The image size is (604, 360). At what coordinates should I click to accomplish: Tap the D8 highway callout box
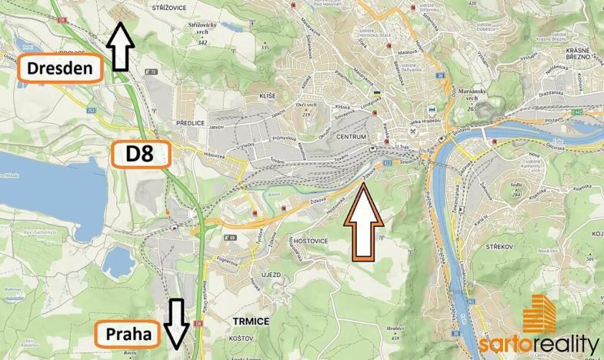(140, 154)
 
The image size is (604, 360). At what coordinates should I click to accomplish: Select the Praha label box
(128, 335)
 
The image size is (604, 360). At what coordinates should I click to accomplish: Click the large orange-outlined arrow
(362, 223)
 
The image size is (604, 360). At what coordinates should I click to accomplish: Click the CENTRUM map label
(352, 136)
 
